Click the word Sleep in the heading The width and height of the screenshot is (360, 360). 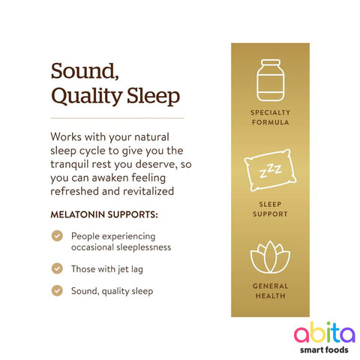click(x=153, y=97)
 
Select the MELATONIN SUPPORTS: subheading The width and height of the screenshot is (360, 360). click(x=103, y=214)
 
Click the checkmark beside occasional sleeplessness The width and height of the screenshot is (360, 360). click(x=57, y=235)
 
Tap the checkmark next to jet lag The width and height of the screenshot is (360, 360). click(x=57, y=268)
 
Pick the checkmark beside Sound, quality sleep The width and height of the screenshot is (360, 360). click(x=57, y=290)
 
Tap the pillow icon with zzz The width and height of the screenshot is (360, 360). click(x=269, y=172)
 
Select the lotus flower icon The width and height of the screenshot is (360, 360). click(x=269, y=259)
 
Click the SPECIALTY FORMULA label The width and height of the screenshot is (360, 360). click(x=269, y=116)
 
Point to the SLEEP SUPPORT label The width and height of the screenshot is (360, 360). click(x=269, y=208)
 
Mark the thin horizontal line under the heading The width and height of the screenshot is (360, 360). click(x=117, y=118)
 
